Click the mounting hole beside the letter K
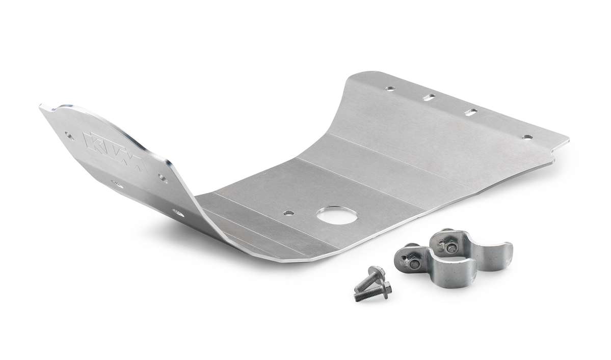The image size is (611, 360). pos(69,135)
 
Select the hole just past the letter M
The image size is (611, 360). pos(163,178)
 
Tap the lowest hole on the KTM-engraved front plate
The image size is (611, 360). pos(178,212)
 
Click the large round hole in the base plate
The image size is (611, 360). pos(336,215)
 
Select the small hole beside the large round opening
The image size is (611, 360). pos(289,213)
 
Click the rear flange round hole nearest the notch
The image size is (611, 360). pos(527,137)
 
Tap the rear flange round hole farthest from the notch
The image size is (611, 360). pos(390,89)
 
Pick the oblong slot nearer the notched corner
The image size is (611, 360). pos(471,112)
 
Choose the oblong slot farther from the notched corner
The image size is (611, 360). pos(429,97)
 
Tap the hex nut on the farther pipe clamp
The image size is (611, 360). pos(450,247)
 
